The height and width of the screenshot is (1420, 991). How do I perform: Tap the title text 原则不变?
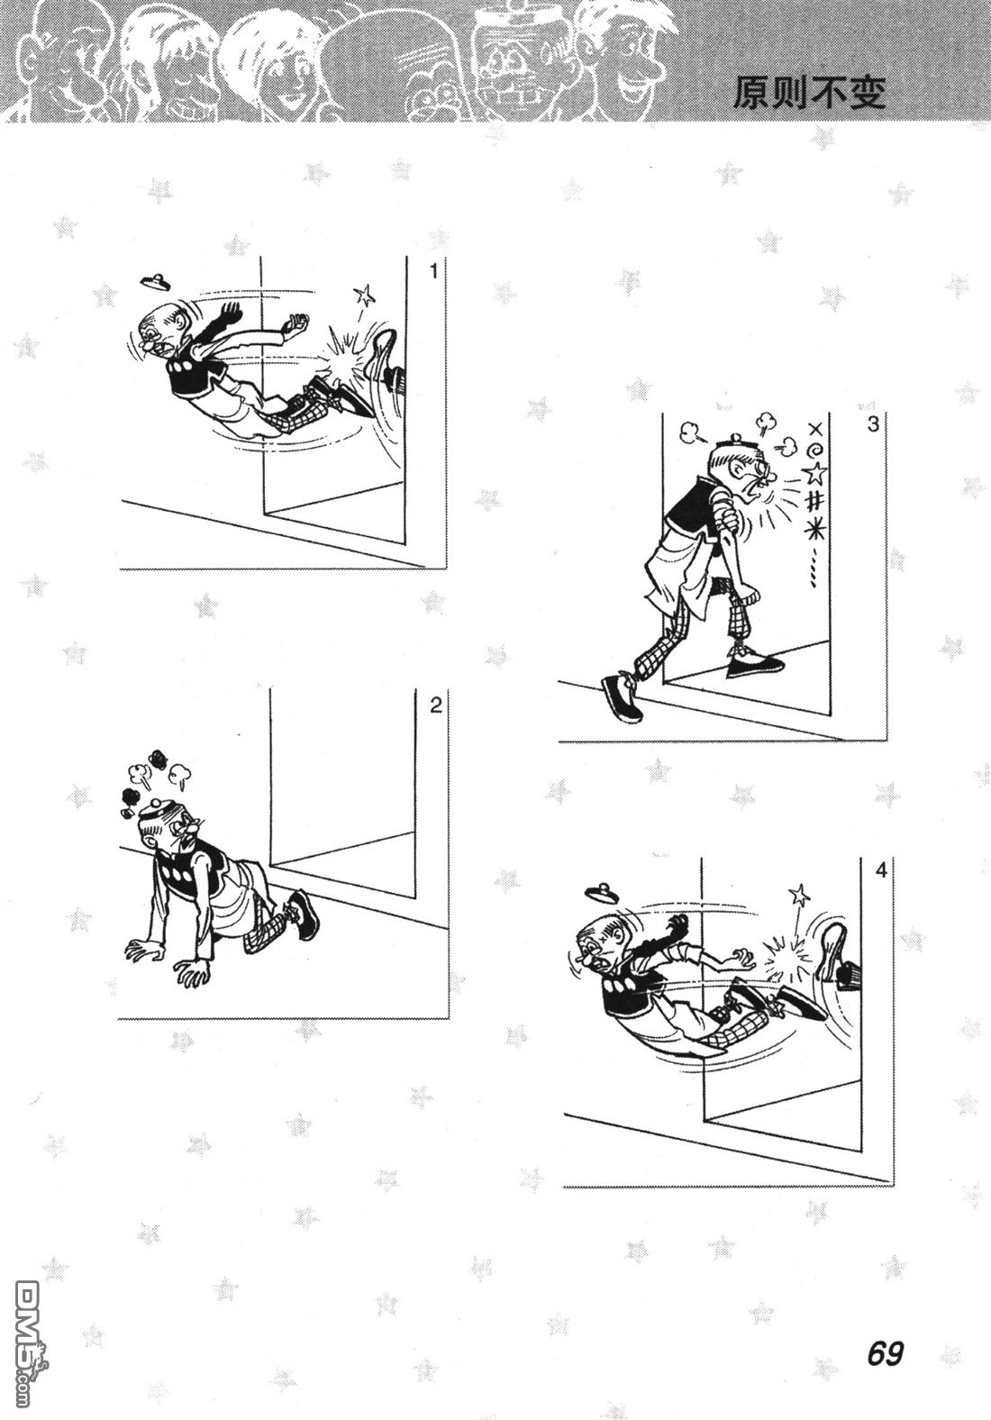pyautogui.click(x=809, y=93)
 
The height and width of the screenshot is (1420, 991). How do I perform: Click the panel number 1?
pyautogui.click(x=433, y=271)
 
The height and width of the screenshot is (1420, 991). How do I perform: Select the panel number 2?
pyautogui.click(x=435, y=705)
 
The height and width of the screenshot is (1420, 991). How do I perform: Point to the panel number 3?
pyautogui.click(x=873, y=424)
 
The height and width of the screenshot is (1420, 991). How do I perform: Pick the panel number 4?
pyautogui.click(x=881, y=870)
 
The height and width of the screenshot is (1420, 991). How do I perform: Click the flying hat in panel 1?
pyautogui.click(x=155, y=282)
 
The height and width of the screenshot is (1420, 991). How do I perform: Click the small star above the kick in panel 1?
pyautogui.click(x=364, y=294)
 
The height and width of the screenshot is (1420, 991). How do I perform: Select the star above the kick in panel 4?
pyautogui.click(x=799, y=895)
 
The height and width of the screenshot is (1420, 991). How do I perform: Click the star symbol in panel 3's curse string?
pyautogui.click(x=815, y=473)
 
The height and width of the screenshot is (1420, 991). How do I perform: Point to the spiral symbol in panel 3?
pyautogui.click(x=817, y=451)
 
